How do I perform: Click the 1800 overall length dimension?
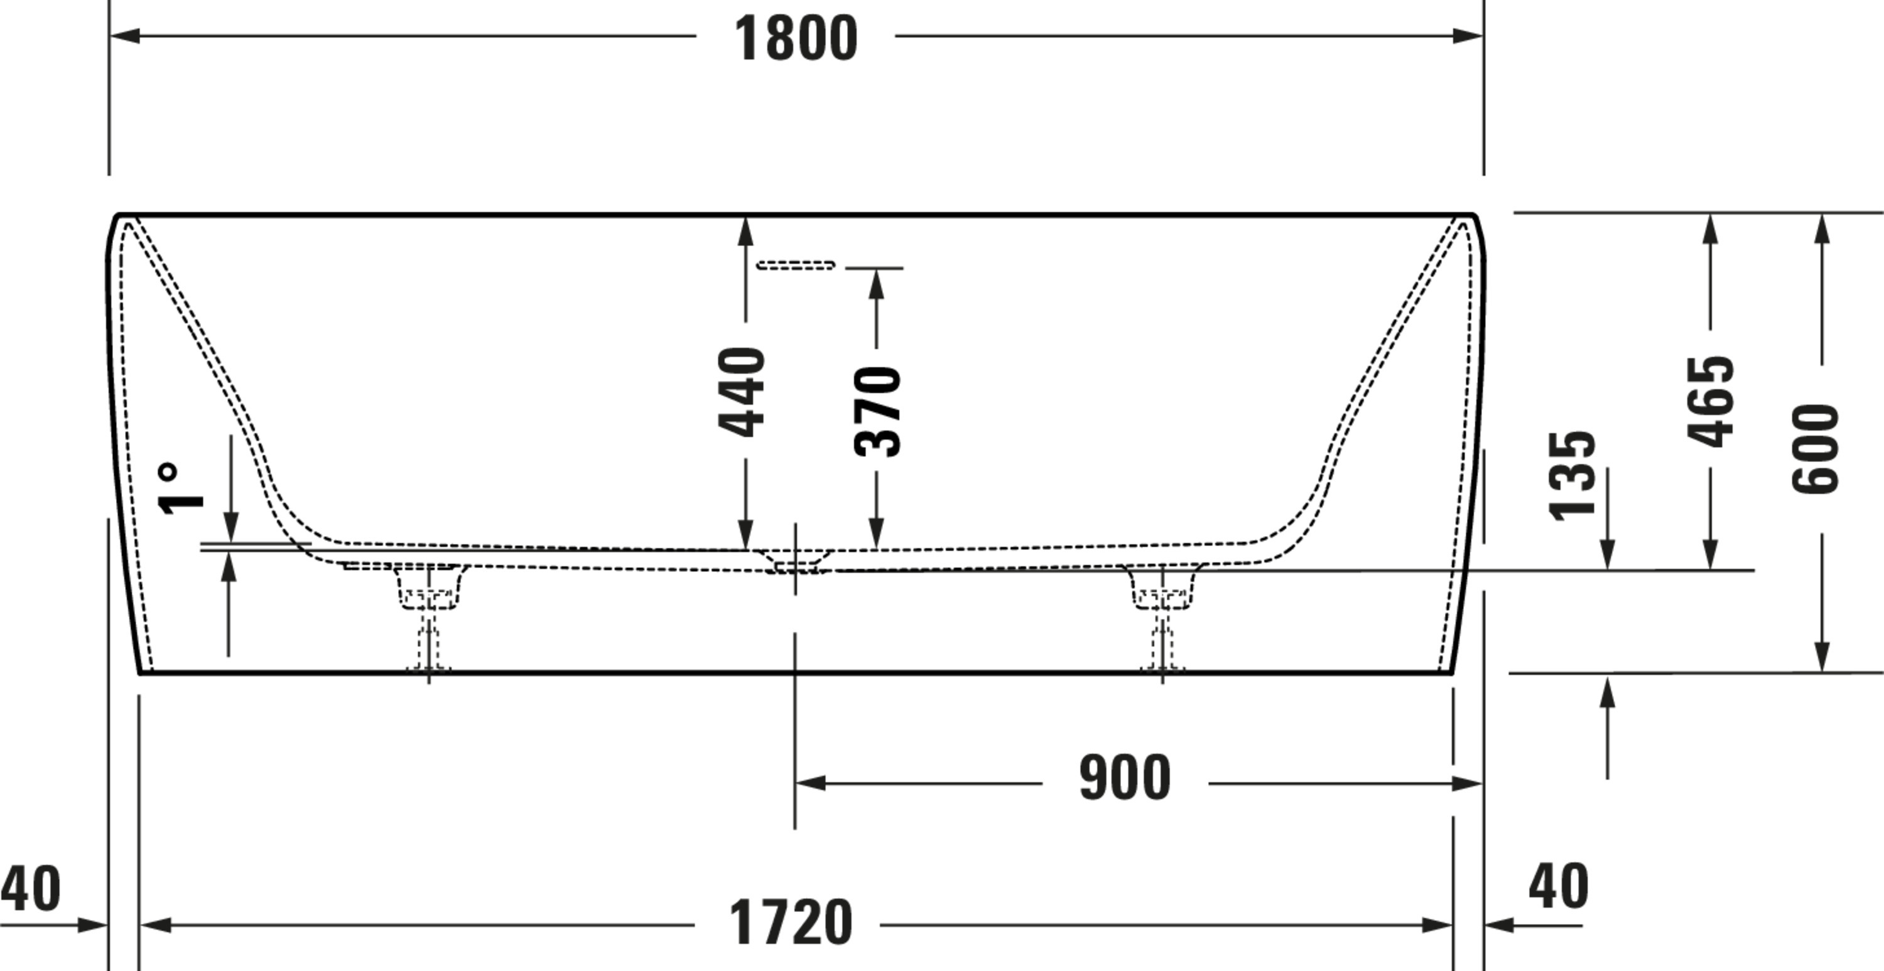(x=796, y=38)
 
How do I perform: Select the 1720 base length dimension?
(x=791, y=923)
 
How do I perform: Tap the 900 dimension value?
(x=1125, y=778)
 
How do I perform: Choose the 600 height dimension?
(x=1816, y=449)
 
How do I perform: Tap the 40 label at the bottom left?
(x=31, y=889)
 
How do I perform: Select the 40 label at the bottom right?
(x=1559, y=886)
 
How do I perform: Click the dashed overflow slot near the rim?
(x=796, y=265)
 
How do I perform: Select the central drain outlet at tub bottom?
(x=795, y=562)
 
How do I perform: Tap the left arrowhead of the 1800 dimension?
(x=124, y=35)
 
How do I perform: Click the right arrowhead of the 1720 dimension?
(x=1438, y=925)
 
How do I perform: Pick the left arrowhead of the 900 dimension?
(x=810, y=783)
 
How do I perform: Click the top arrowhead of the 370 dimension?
(x=877, y=284)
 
